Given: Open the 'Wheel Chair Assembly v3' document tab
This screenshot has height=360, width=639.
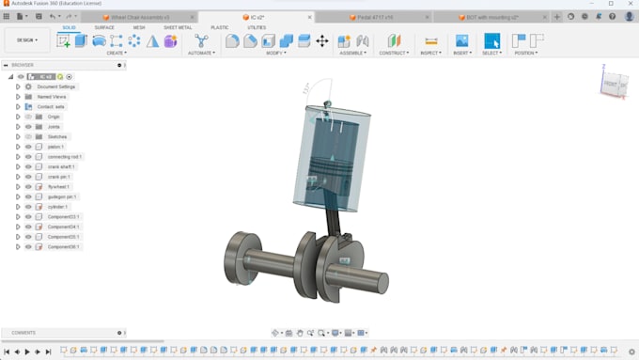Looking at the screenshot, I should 140,17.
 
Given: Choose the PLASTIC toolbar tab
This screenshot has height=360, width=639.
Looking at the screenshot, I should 219,27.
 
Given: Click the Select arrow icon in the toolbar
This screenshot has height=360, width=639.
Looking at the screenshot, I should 492,40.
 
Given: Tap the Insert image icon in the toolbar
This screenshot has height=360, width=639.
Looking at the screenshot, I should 461,40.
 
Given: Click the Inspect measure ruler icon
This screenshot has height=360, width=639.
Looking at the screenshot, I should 431,40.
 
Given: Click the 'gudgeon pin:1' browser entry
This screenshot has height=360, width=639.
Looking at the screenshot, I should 63,196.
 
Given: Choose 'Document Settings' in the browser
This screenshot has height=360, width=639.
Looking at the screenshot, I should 55,86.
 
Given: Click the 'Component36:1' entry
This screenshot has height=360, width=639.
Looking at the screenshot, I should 64,246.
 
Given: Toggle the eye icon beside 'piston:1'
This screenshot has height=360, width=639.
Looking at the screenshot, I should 28,147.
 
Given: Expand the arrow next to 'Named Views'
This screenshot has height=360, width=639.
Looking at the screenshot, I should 18,97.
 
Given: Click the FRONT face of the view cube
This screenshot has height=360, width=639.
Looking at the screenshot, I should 612,85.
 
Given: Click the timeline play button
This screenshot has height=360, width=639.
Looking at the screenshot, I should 27,352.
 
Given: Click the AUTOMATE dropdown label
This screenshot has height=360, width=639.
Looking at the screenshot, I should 201,53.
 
